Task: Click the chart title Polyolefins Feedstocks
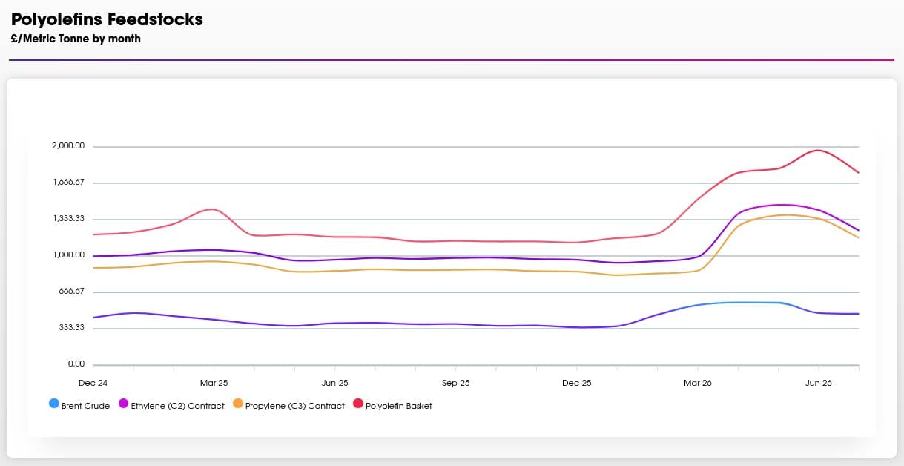pos(107,20)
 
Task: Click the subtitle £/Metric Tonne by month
pos(76,39)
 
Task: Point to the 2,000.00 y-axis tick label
pos(68,145)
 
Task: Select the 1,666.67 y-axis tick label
pos(69,182)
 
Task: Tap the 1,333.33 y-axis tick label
pos(69,218)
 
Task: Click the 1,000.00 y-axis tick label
pos(69,255)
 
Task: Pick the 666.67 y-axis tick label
pos(71,291)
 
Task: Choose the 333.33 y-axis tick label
pos(71,327)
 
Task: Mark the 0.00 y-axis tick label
pos(76,364)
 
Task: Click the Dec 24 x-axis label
pos(93,383)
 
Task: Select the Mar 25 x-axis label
pos(214,383)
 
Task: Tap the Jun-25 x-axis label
pos(334,383)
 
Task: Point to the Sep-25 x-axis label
pos(455,383)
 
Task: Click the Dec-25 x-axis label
pos(577,383)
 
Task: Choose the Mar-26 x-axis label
pos(697,383)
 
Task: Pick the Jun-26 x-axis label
pos(819,383)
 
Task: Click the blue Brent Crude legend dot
pos(54,404)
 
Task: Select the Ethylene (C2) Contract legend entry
pos(171,405)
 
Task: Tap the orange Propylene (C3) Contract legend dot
pos(238,404)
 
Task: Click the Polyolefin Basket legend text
pos(399,406)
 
